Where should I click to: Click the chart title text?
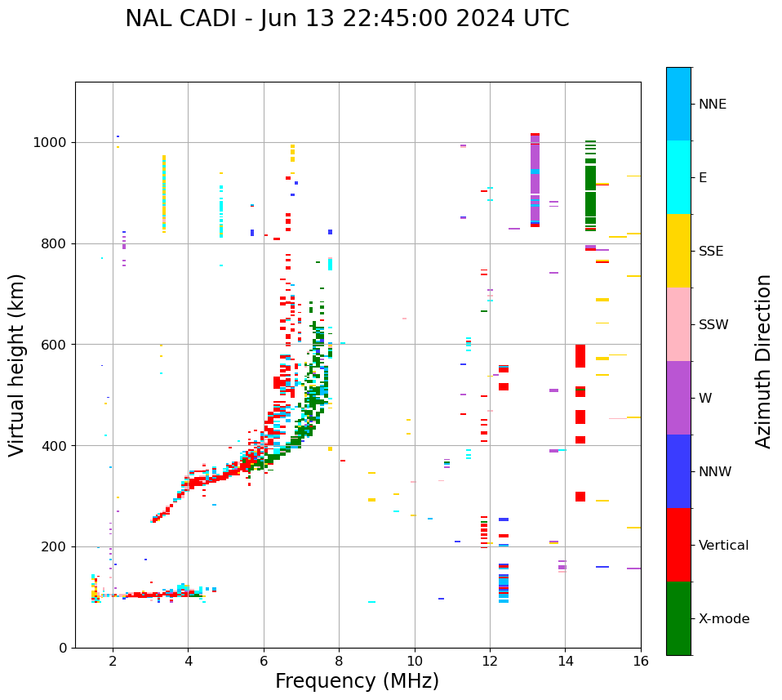(347, 19)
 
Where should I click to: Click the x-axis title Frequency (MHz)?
(357, 681)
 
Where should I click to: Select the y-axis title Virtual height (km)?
(17, 364)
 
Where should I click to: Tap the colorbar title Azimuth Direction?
(763, 361)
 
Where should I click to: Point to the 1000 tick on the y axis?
(54, 142)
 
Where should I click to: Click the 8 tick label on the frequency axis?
(339, 662)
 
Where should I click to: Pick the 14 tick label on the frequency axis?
(565, 662)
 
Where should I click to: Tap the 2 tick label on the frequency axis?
(113, 662)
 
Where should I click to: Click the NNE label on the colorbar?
(712, 105)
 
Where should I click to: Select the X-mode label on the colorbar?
(724, 619)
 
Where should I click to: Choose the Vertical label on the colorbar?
(723, 546)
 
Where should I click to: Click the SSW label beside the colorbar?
(713, 325)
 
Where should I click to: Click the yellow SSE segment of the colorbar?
(678, 251)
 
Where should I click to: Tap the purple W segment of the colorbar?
(678, 398)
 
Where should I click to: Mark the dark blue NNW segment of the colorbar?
(678, 471)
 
